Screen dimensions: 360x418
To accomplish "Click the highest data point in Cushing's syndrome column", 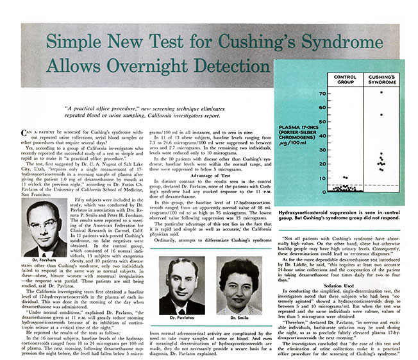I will coord(381,92).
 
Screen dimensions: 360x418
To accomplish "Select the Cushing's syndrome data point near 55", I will coord(381,115).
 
